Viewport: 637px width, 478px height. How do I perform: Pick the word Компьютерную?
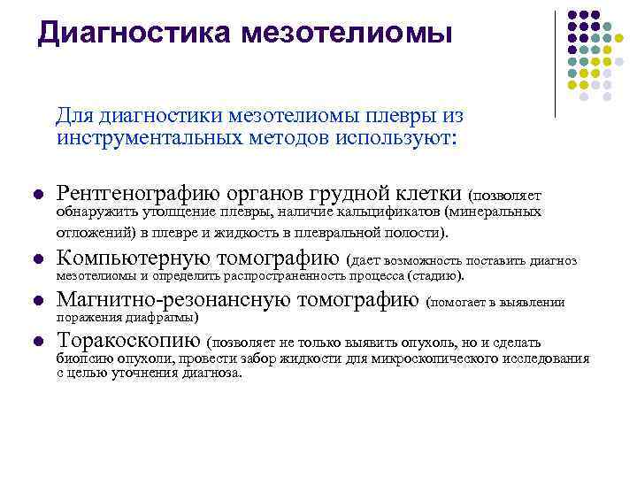[134, 259]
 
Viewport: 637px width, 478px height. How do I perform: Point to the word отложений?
[88, 232]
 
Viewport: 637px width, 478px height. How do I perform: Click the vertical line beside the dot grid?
[555, 62]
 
